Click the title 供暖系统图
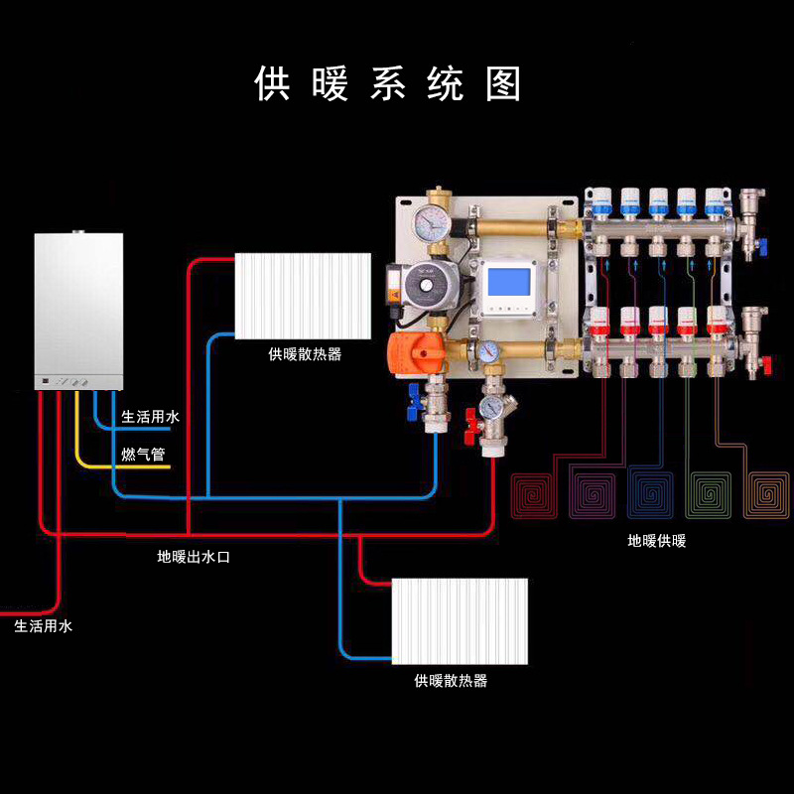point(388,84)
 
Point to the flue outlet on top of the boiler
point(78,233)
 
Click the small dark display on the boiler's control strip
point(46,380)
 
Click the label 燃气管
point(143,455)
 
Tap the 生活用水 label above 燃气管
point(150,417)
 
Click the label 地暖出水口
point(194,557)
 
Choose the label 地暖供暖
point(656,541)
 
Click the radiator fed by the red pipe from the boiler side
point(304,296)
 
